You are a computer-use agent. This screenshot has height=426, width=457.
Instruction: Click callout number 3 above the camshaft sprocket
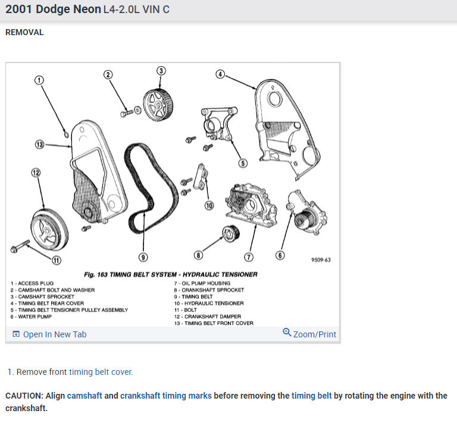pos(161,71)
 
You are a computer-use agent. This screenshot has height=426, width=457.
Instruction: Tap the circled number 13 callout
pos(39,145)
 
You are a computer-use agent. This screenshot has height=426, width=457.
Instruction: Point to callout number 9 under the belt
pos(142,257)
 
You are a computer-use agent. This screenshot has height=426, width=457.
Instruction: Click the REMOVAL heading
pos(24,32)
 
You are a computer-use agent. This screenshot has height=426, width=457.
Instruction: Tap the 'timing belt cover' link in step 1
pos(101,372)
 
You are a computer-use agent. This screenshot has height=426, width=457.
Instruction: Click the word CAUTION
pos(24,396)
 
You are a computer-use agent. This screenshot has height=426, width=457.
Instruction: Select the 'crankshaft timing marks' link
pos(165,396)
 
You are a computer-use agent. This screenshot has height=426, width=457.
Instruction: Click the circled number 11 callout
pos(57,259)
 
